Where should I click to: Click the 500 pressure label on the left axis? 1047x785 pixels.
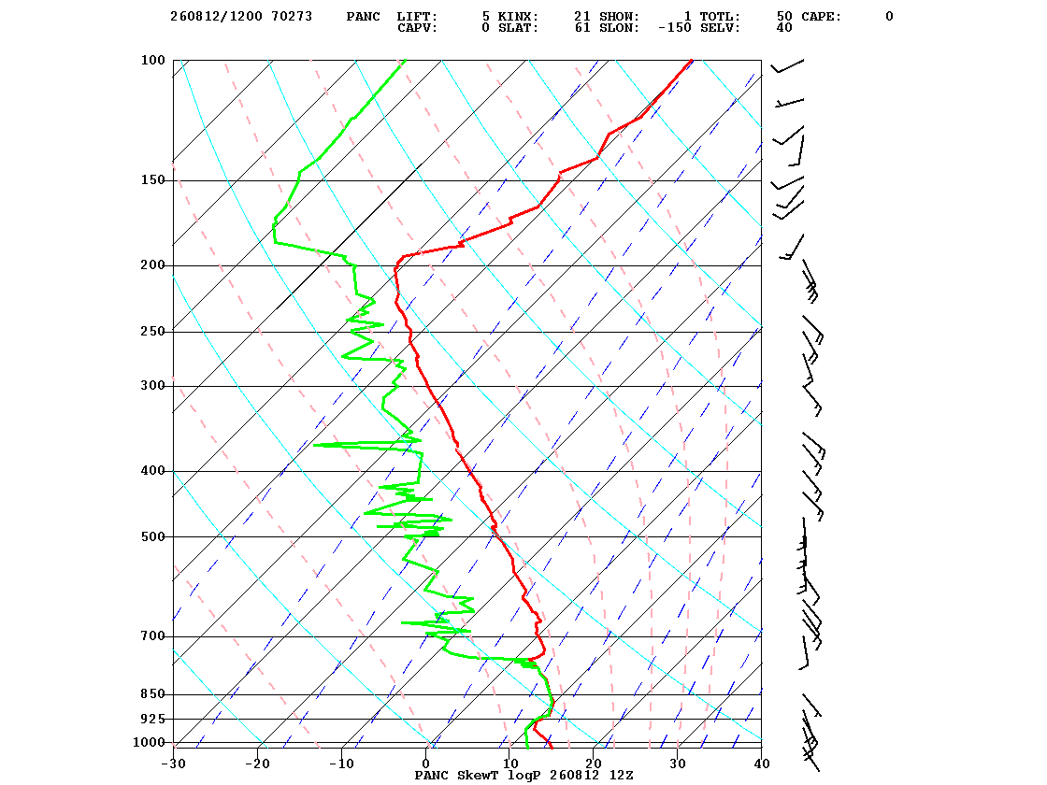[x=152, y=536]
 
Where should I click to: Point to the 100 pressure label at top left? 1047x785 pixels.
[x=152, y=60]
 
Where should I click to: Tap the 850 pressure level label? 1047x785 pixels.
[x=152, y=694]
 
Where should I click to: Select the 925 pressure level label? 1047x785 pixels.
[x=152, y=719]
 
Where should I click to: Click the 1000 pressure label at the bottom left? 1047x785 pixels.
[x=149, y=742]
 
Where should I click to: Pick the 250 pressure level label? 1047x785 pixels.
[x=152, y=332]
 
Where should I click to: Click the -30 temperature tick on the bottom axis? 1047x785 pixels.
[x=173, y=764]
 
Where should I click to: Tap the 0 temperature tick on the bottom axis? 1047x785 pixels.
[x=426, y=764]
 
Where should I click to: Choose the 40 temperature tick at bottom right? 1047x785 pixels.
[x=762, y=764]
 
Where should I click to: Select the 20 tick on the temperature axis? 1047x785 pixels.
[x=594, y=764]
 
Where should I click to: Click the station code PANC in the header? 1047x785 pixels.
[x=364, y=17]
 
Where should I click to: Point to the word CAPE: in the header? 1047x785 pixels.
[x=822, y=17]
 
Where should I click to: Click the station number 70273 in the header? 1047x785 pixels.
[x=292, y=17]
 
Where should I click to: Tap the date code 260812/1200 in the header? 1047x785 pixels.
[x=216, y=17]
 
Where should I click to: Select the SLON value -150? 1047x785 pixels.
[x=674, y=28]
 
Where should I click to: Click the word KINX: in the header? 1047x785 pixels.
[x=518, y=17]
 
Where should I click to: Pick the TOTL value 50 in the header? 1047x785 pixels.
[x=784, y=17]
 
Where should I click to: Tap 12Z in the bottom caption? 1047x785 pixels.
[x=621, y=775]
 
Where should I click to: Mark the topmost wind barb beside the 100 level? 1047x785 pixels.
[x=788, y=65]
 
